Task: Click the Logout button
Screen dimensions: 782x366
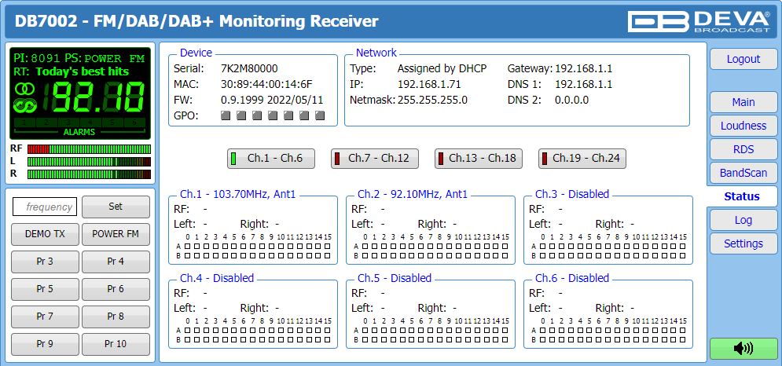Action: (x=743, y=59)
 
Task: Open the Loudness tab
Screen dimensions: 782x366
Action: (x=743, y=126)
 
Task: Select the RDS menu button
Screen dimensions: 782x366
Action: (x=743, y=149)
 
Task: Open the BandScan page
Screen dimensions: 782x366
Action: (x=743, y=173)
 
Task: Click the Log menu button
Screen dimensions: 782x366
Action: (x=743, y=220)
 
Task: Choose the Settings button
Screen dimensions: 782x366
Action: (x=743, y=243)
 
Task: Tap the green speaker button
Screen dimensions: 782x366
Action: (x=743, y=348)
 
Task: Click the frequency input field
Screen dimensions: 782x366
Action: (x=45, y=207)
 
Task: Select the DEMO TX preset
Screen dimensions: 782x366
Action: (x=45, y=234)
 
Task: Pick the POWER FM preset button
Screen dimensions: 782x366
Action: (x=116, y=234)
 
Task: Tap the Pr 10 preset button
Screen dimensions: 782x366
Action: (x=116, y=344)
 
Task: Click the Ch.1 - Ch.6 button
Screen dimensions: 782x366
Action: (x=271, y=159)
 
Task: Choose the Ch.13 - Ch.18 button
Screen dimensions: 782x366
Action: (x=479, y=159)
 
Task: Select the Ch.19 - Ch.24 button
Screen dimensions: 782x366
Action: (x=582, y=159)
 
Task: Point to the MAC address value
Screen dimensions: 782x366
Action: (x=266, y=84)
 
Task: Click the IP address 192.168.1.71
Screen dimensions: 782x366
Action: (x=428, y=84)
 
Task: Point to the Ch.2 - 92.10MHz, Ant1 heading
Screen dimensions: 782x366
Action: (x=413, y=194)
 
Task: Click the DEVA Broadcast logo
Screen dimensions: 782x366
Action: (x=699, y=22)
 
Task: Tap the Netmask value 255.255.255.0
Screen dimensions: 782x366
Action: (x=432, y=101)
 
